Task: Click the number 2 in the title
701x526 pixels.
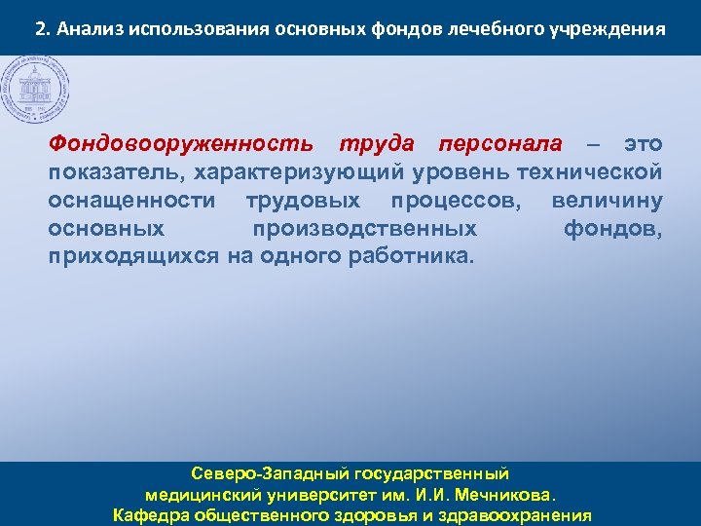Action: coord(40,28)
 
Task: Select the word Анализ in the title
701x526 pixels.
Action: coord(87,28)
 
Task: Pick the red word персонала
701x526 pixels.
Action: coord(500,144)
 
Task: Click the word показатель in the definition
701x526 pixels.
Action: coord(117,172)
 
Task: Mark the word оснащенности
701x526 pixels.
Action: coord(131,201)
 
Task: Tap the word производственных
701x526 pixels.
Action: coord(365,229)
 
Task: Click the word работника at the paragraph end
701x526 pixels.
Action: coord(413,257)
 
